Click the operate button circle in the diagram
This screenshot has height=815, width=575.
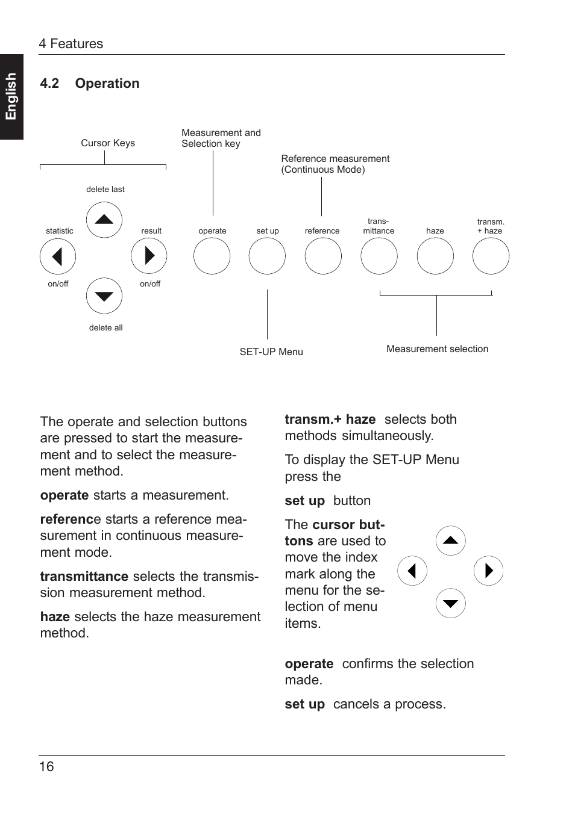(212, 256)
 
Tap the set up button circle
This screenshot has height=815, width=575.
(267, 256)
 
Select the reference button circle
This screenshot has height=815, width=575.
(323, 256)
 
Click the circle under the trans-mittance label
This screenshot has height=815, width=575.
(379, 256)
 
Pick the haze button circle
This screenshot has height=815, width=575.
(435, 256)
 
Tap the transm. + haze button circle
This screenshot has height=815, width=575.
(491, 256)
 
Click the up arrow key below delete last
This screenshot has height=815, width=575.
(104, 220)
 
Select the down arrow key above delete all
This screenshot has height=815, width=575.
(104, 296)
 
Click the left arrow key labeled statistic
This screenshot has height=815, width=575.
(58, 256)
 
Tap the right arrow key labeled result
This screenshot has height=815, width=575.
(149, 256)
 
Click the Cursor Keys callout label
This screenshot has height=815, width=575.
(108, 143)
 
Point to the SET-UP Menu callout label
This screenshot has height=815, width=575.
(271, 352)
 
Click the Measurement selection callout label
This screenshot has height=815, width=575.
(437, 349)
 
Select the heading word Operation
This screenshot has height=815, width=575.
(107, 84)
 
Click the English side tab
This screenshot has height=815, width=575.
(11, 97)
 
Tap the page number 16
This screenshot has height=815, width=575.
(46, 766)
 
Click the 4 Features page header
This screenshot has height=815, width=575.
(71, 44)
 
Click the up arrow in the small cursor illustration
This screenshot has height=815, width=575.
(451, 541)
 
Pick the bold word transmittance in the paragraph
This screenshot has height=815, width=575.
(84, 577)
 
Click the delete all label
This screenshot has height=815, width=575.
(105, 328)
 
